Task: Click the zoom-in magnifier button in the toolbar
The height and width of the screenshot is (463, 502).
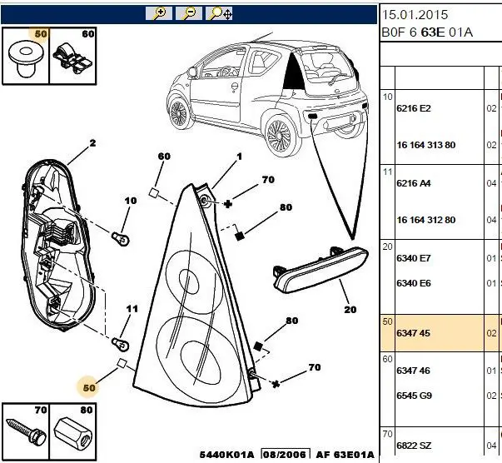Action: tap(158, 12)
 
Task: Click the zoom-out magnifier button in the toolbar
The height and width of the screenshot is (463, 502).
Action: tap(189, 12)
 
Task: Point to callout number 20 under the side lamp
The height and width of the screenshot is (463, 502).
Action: tap(350, 309)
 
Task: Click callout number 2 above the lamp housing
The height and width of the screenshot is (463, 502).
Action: tap(93, 143)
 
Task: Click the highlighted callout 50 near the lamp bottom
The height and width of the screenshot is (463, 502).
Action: tap(89, 386)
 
